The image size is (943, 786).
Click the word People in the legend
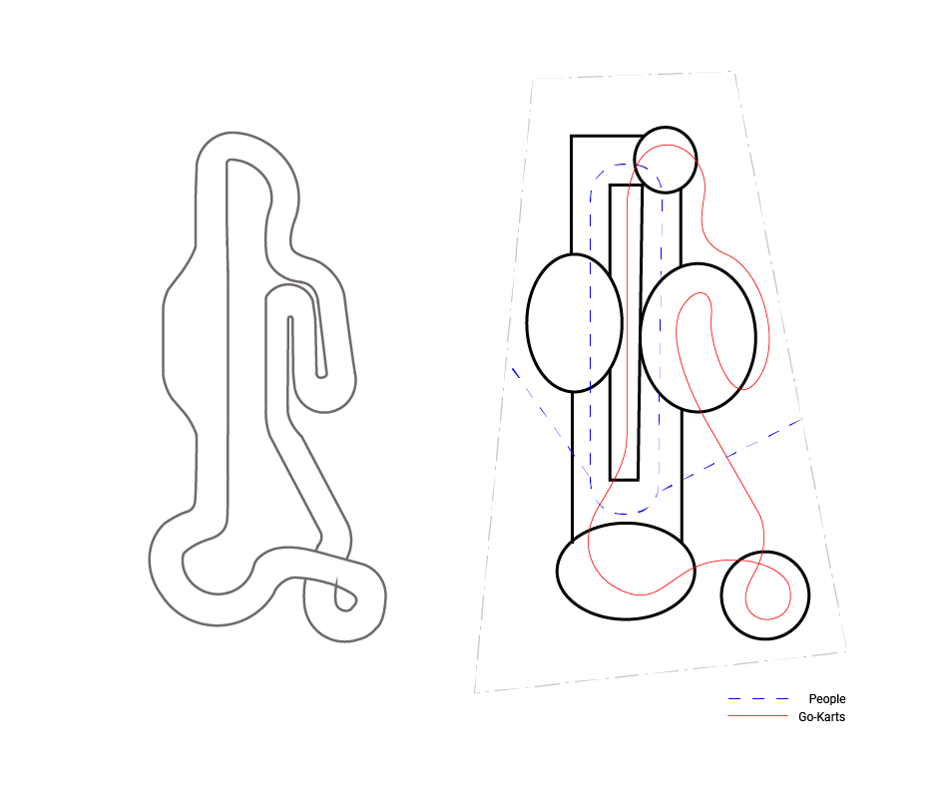coord(827,699)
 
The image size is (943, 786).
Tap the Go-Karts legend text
coord(821,717)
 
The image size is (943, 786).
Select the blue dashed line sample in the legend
coord(757,699)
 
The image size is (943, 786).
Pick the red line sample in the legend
coord(757,716)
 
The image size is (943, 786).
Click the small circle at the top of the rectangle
coord(666,128)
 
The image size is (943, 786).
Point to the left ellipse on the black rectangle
coord(527,323)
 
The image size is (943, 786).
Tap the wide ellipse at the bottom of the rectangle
coord(626,524)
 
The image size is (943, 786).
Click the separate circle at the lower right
coord(765,552)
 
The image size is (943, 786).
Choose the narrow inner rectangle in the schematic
coord(611,332)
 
